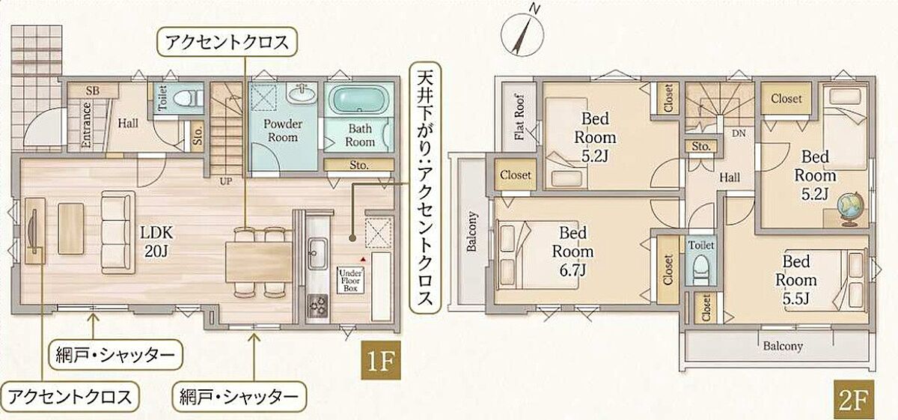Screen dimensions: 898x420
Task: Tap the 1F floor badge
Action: tap(381, 360)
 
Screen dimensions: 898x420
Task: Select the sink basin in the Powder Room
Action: tap(301, 94)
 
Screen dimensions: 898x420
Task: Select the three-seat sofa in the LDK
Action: tap(118, 232)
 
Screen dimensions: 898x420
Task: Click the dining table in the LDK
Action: tap(259, 262)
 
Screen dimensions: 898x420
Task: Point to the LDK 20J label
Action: tap(156, 242)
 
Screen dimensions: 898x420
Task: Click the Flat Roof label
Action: tap(519, 116)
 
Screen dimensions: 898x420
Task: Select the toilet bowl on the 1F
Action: tap(189, 98)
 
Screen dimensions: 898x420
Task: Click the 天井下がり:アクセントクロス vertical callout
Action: tap(425, 188)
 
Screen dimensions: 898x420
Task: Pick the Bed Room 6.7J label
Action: tap(573, 251)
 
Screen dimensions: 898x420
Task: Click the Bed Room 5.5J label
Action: tap(795, 279)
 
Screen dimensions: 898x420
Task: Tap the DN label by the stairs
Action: tap(739, 133)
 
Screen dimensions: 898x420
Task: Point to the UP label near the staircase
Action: tap(226, 181)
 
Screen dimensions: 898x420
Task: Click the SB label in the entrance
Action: tap(93, 91)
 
